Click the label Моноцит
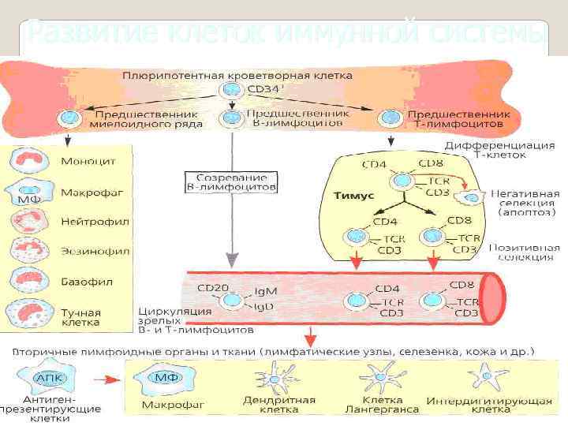(88, 161)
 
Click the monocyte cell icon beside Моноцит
(31, 162)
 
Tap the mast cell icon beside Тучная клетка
(31, 313)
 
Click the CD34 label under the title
(263, 90)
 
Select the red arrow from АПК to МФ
(110, 379)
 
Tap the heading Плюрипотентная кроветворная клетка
(237, 75)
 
